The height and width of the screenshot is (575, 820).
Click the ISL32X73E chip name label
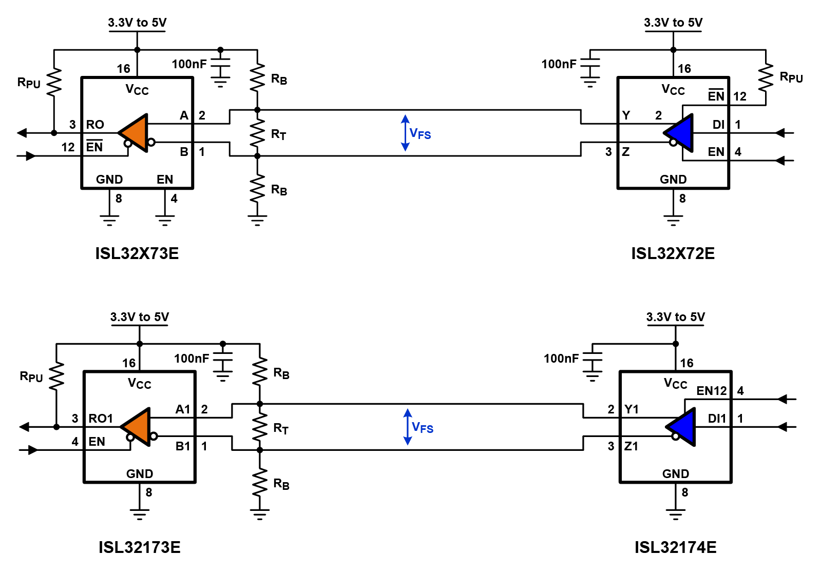click(x=137, y=253)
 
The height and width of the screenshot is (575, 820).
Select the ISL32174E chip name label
click(x=675, y=547)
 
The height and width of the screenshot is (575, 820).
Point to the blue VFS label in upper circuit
click(x=420, y=134)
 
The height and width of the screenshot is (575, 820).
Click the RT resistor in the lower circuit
click(x=260, y=427)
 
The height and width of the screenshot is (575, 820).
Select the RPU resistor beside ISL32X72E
click(x=766, y=77)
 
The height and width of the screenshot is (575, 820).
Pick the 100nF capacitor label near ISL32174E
click(x=561, y=359)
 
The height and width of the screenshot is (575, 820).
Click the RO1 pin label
click(x=101, y=419)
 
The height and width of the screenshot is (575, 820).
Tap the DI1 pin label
click(x=717, y=419)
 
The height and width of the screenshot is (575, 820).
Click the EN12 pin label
click(x=711, y=391)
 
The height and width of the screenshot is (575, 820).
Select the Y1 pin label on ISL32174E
click(x=632, y=409)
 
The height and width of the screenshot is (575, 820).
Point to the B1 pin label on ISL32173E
click(x=183, y=446)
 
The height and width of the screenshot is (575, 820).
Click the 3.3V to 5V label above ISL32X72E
click(x=673, y=23)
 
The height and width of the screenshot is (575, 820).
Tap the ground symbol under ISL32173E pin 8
click(x=140, y=514)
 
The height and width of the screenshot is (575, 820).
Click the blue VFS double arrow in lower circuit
click(x=408, y=427)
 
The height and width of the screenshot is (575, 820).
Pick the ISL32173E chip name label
click(x=139, y=547)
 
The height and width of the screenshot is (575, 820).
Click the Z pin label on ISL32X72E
click(x=625, y=152)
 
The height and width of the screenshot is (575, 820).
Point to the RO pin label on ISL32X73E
click(x=95, y=125)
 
